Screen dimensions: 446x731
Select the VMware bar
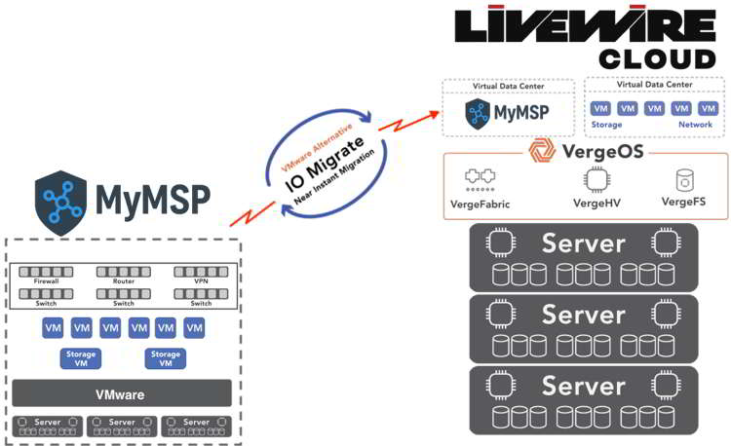pos(122,394)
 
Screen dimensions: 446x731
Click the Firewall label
pos(47,280)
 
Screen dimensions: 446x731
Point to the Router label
pos(123,280)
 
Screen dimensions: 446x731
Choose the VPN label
pos(201,280)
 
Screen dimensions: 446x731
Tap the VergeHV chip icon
pos(596,179)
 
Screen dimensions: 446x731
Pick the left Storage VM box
pos(81,359)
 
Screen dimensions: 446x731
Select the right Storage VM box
pos(166,359)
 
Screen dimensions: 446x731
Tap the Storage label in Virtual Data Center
pos(606,126)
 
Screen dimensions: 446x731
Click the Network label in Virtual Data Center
pos(695,126)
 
